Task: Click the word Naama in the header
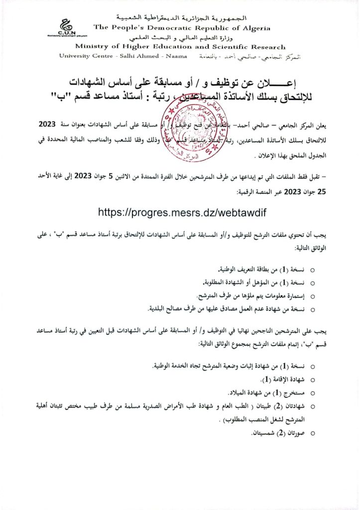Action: (177, 56)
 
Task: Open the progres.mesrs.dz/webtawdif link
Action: (184, 212)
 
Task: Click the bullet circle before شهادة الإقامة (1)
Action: (313, 379)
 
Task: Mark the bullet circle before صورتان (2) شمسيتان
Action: (313, 434)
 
